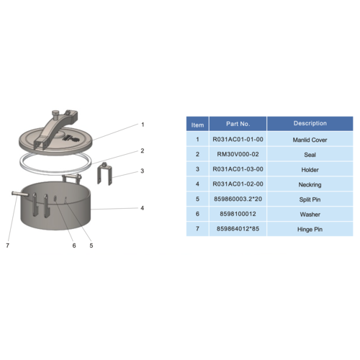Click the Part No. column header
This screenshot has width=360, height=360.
click(x=238, y=124)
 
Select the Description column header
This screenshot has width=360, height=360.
click(x=310, y=124)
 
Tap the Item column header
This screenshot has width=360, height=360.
click(x=197, y=125)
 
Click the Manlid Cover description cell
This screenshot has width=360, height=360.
click(x=310, y=140)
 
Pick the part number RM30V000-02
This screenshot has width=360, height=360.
click(x=238, y=154)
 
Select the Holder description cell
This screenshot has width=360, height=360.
click(x=310, y=170)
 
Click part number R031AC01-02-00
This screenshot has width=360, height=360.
click(x=238, y=184)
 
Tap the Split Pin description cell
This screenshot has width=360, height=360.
click(x=310, y=199)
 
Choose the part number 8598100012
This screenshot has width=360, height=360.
click(x=238, y=214)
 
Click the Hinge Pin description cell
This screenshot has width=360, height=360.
click(x=310, y=230)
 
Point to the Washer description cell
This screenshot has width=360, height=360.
click(x=310, y=215)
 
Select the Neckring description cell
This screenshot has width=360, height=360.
click(x=310, y=185)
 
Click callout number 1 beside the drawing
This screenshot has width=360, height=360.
click(x=143, y=125)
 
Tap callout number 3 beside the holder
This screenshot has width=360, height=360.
click(x=143, y=171)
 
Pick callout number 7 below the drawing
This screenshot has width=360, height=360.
click(x=8, y=246)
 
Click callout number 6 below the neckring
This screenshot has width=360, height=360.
click(x=74, y=246)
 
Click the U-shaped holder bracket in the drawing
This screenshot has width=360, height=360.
click(x=104, y=174)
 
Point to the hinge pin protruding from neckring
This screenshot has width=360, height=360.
click(x=20, y=194)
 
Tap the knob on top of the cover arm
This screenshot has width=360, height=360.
click(x=55, y=112)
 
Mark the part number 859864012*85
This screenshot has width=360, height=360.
click(x=238, y=229)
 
